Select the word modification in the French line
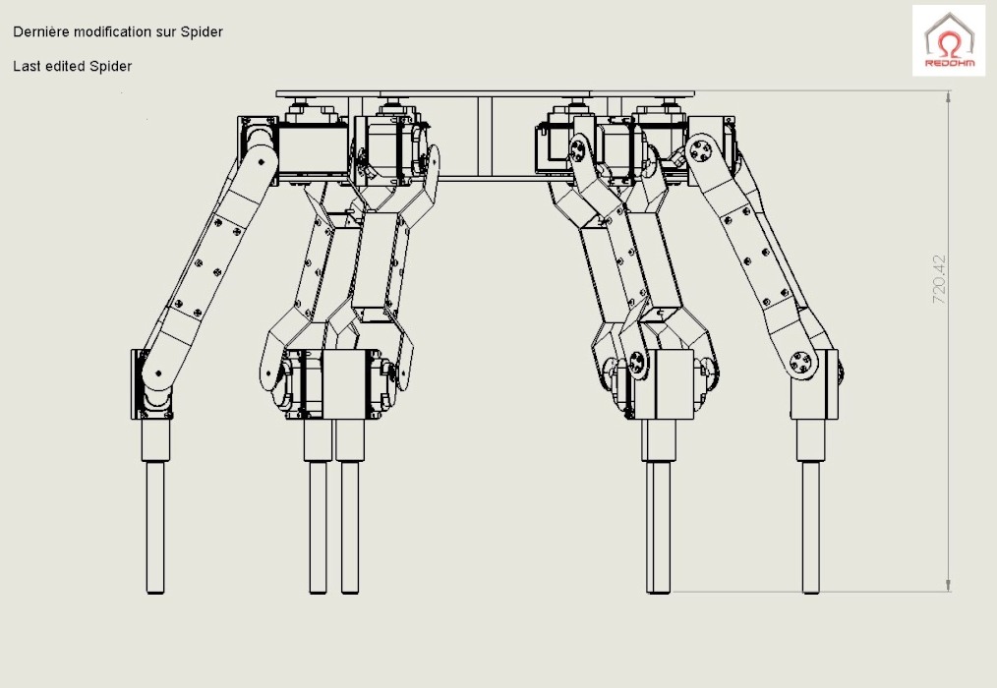tap(115, 31)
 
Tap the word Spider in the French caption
tap(202, 32)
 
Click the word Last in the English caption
tap(27, 66)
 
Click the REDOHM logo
tap(949, 40)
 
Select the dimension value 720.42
tap(939, 279)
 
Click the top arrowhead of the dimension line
tap(948, 97)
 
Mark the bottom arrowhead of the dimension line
tap(948, 585)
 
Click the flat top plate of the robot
tap(485, 94)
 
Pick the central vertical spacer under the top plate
tap(485, 137)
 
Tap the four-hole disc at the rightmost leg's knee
tap(801, 364)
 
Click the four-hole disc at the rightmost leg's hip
tap(700, 151)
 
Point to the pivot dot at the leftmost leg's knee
tap(157, 373)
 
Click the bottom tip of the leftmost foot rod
tap(155, 593)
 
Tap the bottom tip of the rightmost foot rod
tap(811, 593)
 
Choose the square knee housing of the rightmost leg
tap(814, 384)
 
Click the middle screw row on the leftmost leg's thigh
tap(207, 267)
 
